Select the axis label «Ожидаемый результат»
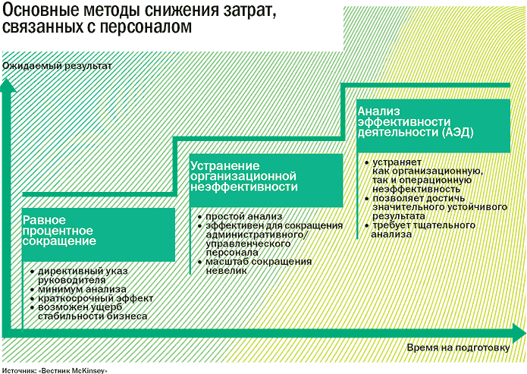[57, 66]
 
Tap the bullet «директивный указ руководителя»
[83, 275]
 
